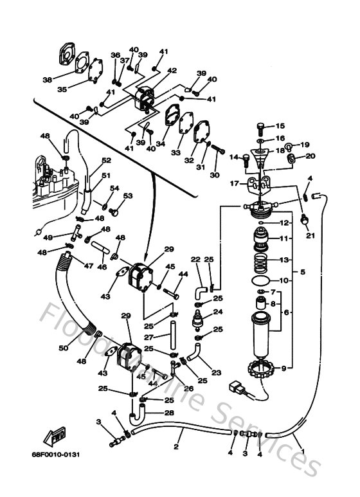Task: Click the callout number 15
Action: (279, 126)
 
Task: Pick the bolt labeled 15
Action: (260, 126)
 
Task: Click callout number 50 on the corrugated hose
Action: (63, 348)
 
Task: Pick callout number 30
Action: (214, 175)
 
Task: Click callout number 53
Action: (128, 195)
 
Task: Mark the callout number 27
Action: (148, 336)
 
